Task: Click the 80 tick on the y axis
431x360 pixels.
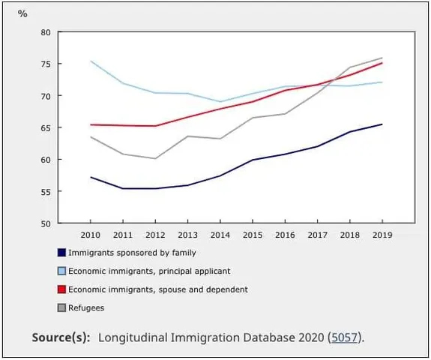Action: (46, 33)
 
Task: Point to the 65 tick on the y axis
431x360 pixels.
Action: (46, 128)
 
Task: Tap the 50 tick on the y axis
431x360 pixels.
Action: (46, 223)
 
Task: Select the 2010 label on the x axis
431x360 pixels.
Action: (91, 233)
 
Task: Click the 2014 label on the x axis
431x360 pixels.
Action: (220, 233)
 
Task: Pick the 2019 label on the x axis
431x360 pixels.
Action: (382, 233)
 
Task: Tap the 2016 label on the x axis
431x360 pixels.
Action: (285, 233)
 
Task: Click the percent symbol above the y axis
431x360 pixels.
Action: (22, 14)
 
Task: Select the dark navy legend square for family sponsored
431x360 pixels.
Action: (62, 253)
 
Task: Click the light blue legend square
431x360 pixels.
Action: (62, 271)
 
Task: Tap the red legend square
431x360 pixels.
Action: (62, 289)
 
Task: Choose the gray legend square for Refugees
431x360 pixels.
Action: (62, 307)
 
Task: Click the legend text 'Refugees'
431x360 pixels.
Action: (86, 307)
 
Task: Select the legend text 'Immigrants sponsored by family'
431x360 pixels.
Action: (132, 253)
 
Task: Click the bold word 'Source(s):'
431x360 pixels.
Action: (61, 337)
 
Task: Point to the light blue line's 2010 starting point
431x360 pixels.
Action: (91, 61)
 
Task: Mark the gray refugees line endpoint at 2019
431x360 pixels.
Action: (382, 58)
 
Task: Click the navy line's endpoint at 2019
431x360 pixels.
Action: (382, 124)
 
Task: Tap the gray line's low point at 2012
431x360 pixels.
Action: (155, 158)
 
